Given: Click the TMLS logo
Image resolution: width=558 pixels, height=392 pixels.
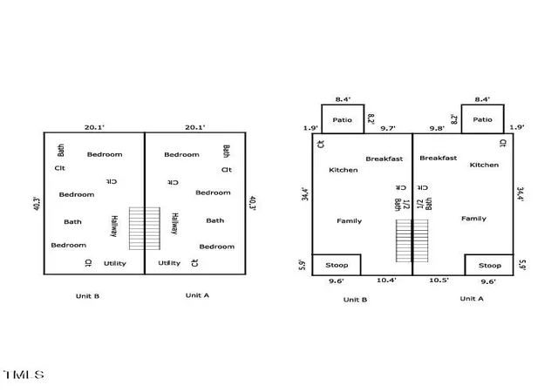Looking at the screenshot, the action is pyautogui.click(x=24, y=375).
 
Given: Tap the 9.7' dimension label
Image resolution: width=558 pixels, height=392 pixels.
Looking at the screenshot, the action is pyautogui.click(x=387, y=128).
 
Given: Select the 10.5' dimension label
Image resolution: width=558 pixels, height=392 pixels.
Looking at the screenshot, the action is pyautogui.click(x=439, y=280).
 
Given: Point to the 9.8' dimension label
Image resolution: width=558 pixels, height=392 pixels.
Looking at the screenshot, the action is pyautogui.click(x=437, y=128).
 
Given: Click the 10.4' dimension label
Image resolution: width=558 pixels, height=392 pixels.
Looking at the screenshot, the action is pyautogui.click(x=386, y=280).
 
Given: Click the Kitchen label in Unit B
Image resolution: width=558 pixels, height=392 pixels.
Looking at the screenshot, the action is pyautogui.click(x=343, y=170).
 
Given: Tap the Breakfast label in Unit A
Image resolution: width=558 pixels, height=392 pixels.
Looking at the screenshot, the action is pyautogui.click(x=438, y=158).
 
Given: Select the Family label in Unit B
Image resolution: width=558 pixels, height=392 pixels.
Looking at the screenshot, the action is pyautogui.click(x=349, y=221).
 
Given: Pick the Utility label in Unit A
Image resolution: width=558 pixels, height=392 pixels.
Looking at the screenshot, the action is pyautogui.click(x=169, y=263).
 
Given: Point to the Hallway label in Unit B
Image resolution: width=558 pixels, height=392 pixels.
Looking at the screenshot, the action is pyautogui.click(x=114, y=226).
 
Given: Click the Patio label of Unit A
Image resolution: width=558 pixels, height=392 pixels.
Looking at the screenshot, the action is pyautogui.click(x=482, y=119).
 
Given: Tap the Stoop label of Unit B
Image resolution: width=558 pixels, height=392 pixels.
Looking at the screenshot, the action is pyautogui.click(x=337, y=265).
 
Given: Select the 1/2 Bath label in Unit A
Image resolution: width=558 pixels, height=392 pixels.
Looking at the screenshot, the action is pyautogui.click(x=425, y=204).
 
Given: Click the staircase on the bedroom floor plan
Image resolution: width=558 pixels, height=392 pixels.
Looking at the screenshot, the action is pyautogui.click(x=145, y=228).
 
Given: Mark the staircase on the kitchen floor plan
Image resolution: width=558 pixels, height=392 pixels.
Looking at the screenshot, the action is pyautogui.click(x=412, y=240).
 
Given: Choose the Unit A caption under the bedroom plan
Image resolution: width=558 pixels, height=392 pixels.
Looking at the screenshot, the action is pyautogui.click(x=197, y=295).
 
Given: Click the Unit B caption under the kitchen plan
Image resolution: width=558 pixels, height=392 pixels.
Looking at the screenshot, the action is pyautogui.click(x=355, y=300).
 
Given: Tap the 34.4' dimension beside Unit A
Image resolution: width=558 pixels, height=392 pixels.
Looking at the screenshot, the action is pyautogui.click(x=520, y=194).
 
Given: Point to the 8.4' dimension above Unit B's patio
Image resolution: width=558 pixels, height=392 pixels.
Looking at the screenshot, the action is pyautogui.click(x=343, y=99).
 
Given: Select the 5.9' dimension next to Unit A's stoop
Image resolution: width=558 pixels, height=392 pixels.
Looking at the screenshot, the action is pyautogui.click(x=522, y=265).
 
